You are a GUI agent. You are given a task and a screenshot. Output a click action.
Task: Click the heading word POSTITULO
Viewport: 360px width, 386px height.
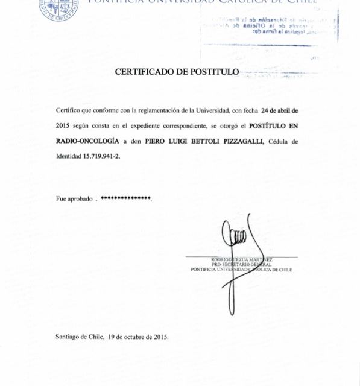tap(215, 72)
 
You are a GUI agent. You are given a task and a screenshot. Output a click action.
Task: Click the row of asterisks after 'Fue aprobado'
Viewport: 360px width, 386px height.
tap(125, 198)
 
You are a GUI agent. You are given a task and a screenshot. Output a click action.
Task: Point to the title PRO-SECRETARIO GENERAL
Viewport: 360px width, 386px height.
tap(241, 264)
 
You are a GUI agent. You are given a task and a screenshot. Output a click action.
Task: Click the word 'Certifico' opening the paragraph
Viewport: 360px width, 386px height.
tap(68, 110)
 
